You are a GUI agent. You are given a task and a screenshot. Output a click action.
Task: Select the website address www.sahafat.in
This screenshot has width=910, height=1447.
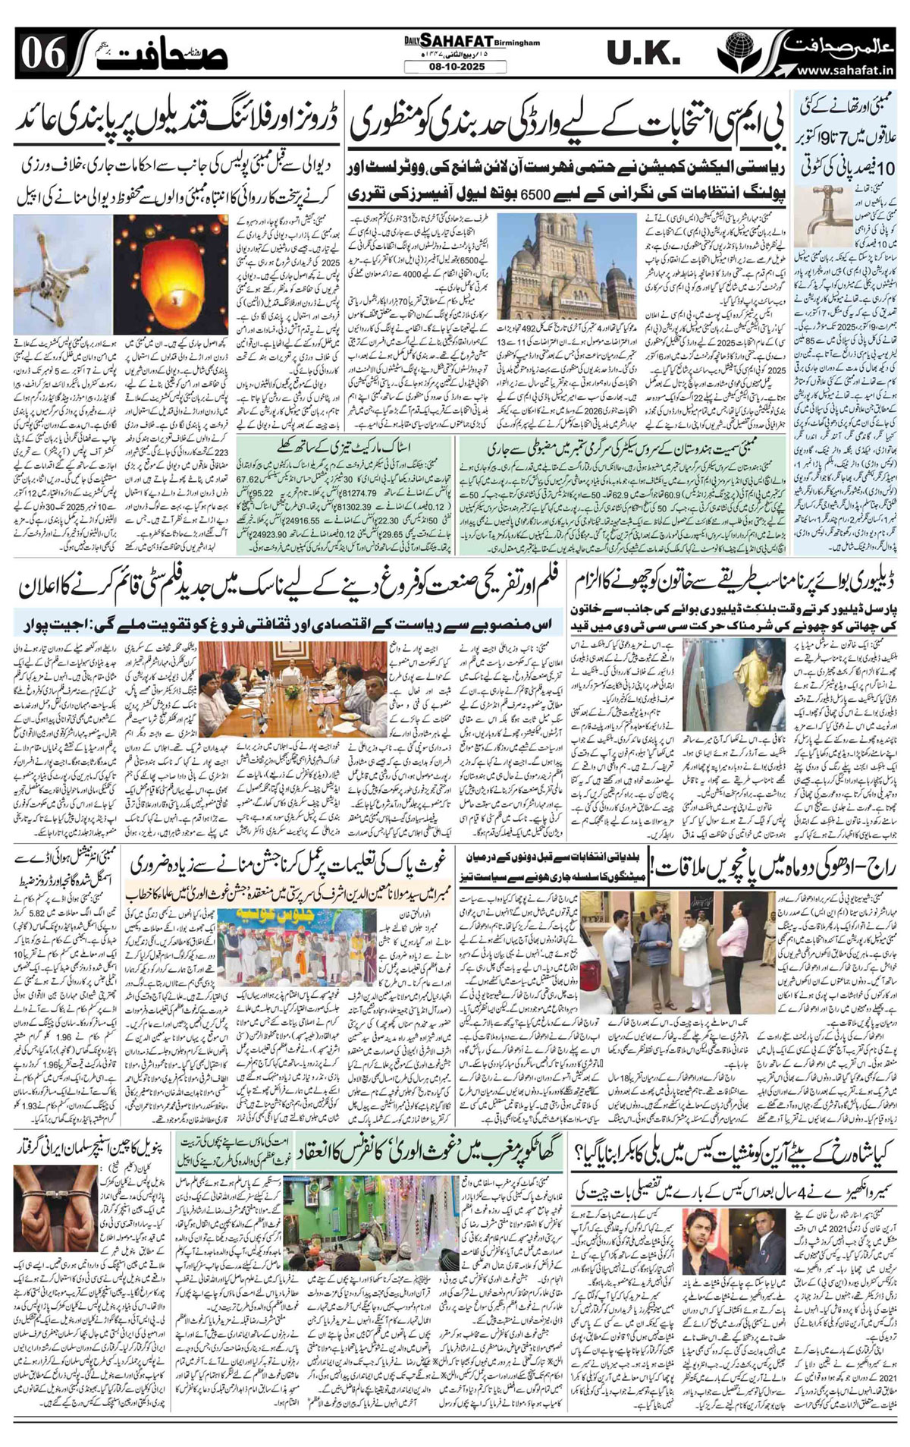point(847,71)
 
